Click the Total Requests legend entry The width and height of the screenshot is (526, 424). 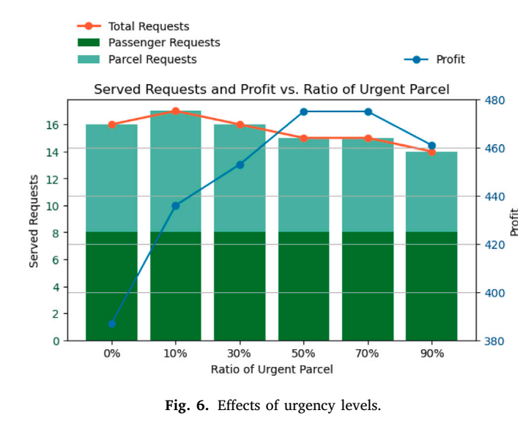[133, 26]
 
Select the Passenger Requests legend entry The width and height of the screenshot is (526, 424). [149, 42]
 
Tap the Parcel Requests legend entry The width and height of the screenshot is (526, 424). [137, 59]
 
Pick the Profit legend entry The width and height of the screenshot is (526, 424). [434, 59]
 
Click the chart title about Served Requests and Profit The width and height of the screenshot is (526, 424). [271, 89]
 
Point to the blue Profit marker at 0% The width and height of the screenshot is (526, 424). [112, 324]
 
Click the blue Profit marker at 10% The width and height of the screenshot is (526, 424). [176, 206]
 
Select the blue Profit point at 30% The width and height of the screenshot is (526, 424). [240, 165]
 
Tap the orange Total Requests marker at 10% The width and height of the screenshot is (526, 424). [176, 111]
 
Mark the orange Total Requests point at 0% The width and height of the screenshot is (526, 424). [112, 124]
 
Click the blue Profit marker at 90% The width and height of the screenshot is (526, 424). [432, 146]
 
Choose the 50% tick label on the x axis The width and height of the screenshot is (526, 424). [303, 354]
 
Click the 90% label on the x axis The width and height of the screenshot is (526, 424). [432, 354]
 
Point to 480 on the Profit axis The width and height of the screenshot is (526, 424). [494, 100]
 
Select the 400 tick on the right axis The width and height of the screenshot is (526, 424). [494, 293]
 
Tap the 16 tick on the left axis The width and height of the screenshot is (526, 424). [52, 124]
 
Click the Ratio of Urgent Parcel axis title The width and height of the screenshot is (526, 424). [272, 369]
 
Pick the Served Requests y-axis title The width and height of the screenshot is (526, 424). [34, 221]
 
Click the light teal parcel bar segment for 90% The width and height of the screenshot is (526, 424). [431, 192]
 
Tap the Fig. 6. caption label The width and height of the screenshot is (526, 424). [187, 406]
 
